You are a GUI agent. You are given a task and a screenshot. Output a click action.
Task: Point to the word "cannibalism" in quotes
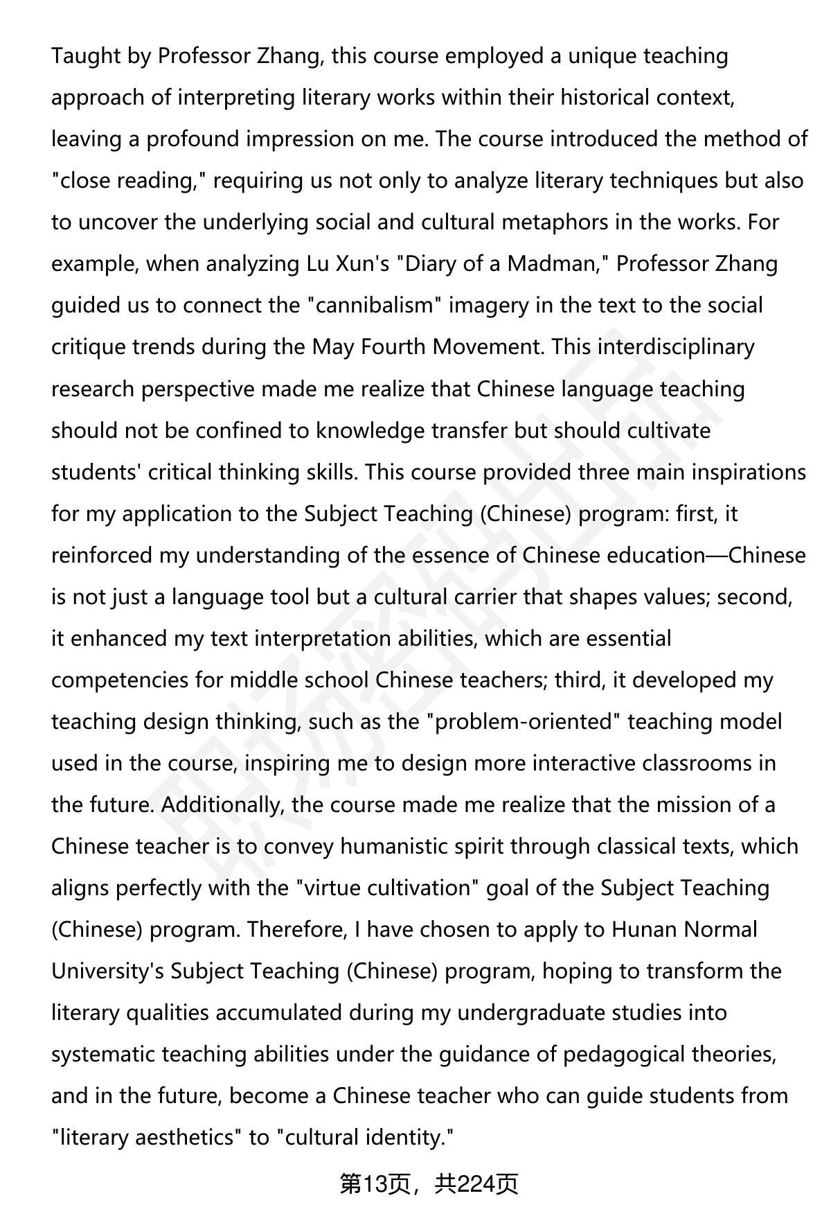pyautogui.click(x=375, y=306)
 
